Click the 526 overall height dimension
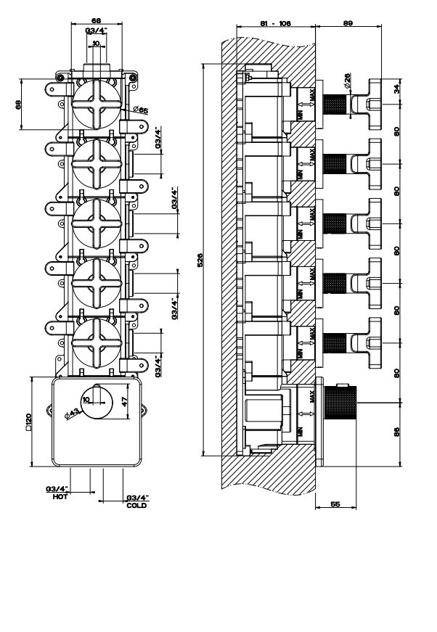pyautogui.click(x=201, y=259)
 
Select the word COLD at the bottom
pyautogui.click(x=136, y=505)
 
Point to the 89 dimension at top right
pyautogui.click(x=348, y=22)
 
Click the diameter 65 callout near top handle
pyautogui.click(x=141, y=110)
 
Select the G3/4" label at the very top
pyautogui.click(x=96, y=30)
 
